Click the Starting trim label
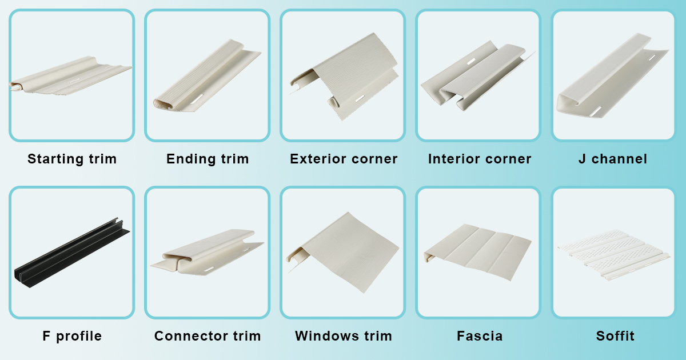(x=72, y=159)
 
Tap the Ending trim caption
(x=208, y=159)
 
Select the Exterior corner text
(x=344, y=159)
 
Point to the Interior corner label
(x=480, y=159)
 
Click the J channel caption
(x=613, y=159)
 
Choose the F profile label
(x=72, y=336)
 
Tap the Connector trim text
(x=208, y=336)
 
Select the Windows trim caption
(x=344, y=336)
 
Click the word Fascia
(x=480, y=336)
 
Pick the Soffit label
(x=615, y=336)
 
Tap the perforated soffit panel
(x=614, y=255)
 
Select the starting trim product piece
(x=70, y=77)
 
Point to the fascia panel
(x=478, y=251)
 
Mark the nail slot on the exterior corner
(x=360, y=98)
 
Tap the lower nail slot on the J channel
(x=596, y=111)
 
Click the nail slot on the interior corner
(x=471, y=62)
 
